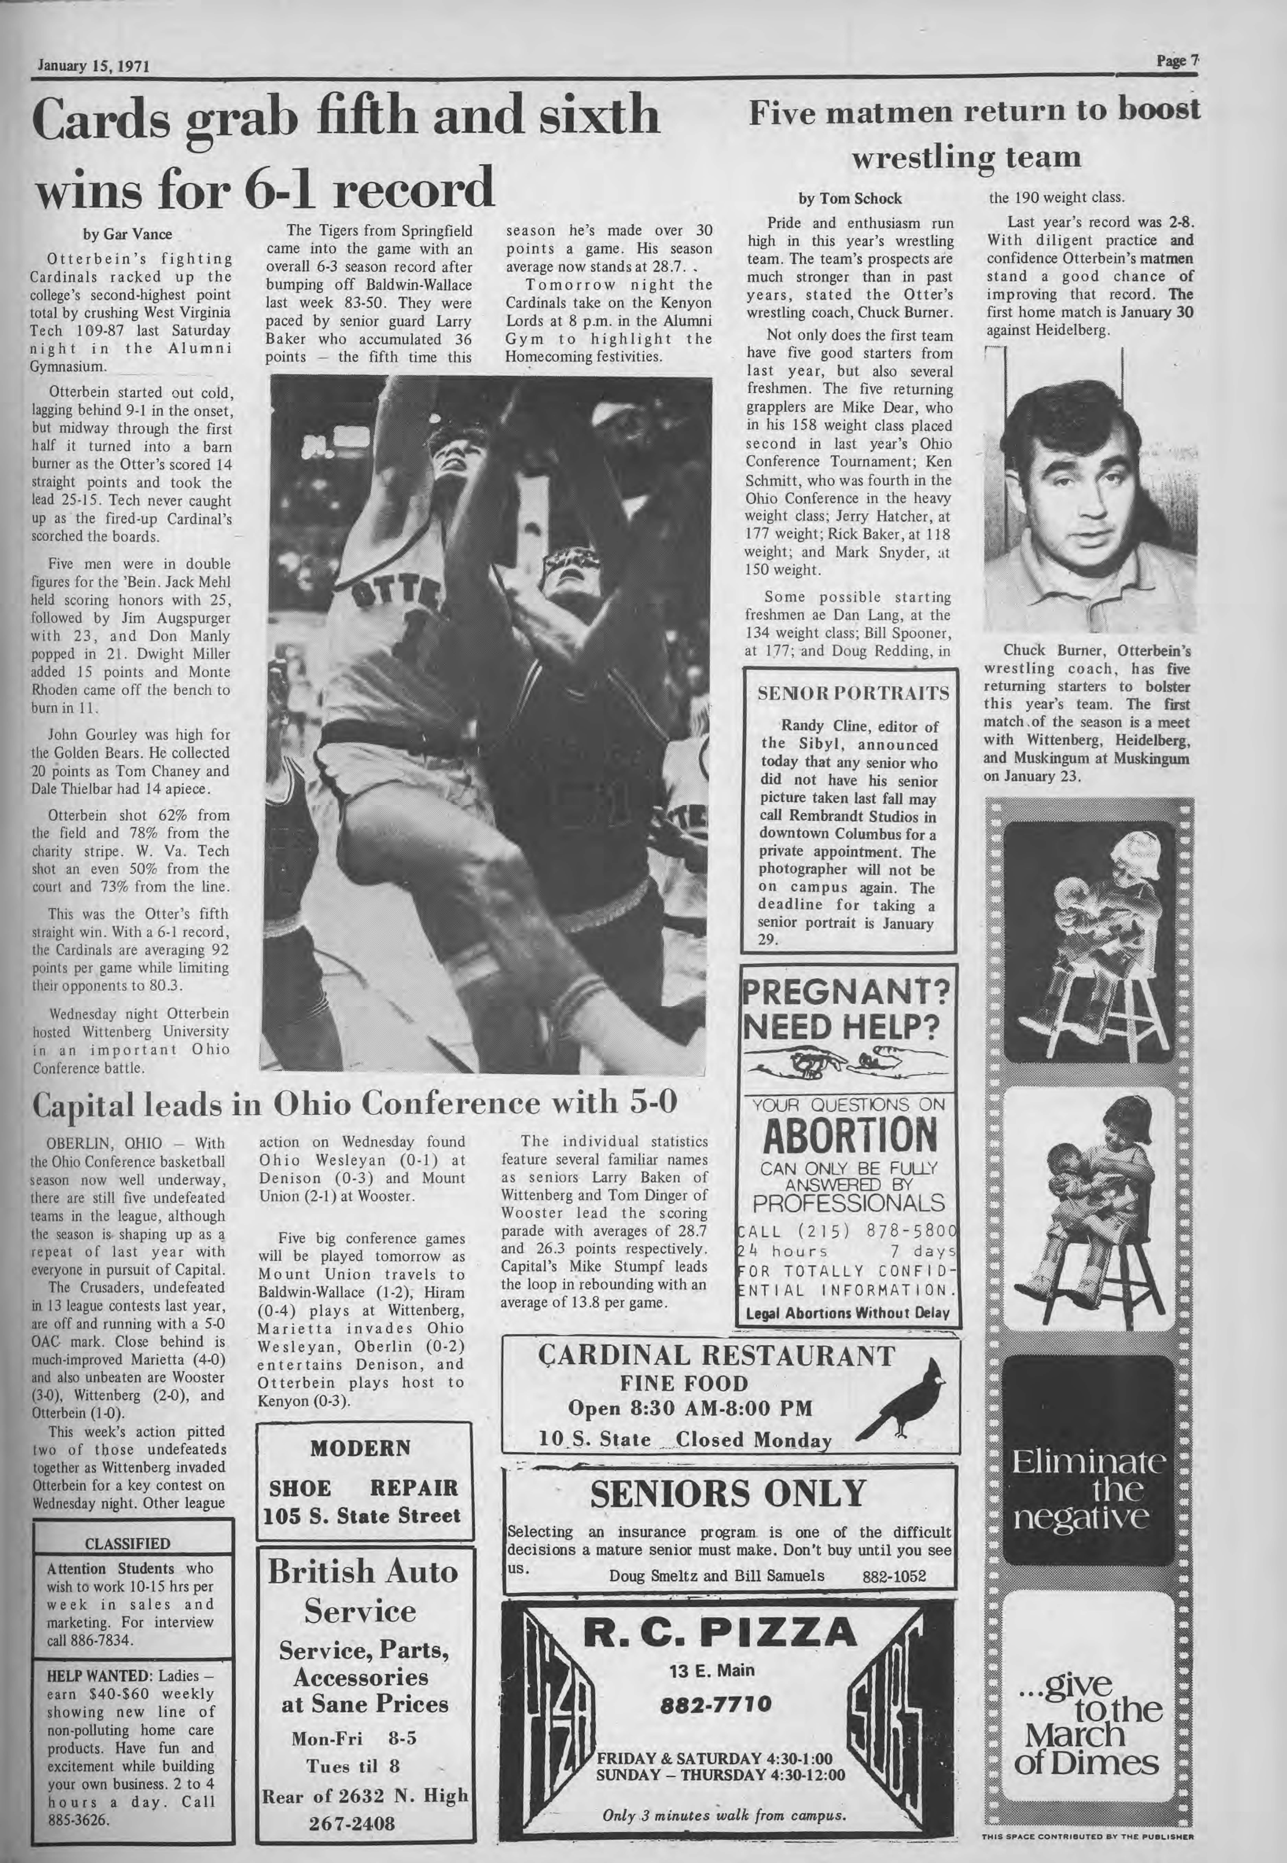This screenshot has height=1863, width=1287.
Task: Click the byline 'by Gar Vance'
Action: (127, 235)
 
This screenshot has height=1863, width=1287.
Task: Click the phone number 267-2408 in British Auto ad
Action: (363, 1839)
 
